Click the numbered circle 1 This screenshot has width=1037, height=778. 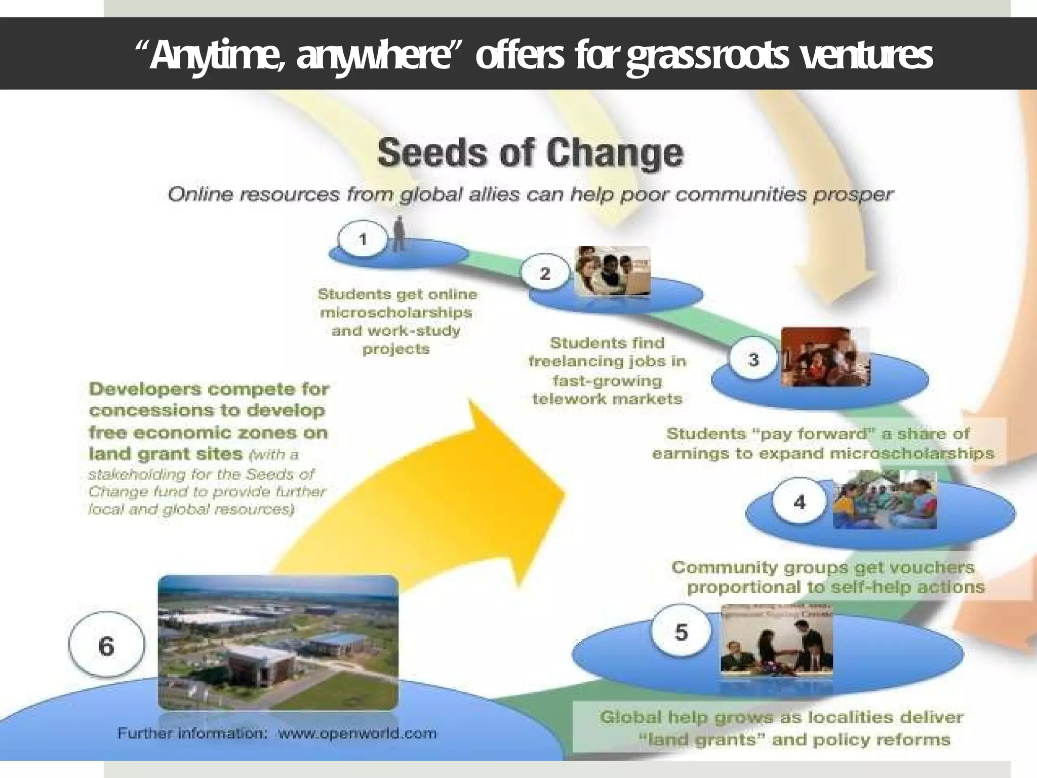(x=363, y=239)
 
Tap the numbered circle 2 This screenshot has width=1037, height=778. (x=545, y=274)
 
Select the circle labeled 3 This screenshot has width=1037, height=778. (x=753, y=360)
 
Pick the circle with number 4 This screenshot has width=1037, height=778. (x=799, y=502)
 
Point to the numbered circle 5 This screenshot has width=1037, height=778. (x=681, y=633)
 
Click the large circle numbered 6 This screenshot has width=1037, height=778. (x=106, y=646)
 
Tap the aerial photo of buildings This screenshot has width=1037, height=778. (x=278, y=642)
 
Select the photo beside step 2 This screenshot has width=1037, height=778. (x=612, y=271)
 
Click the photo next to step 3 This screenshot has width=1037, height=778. (x=825, y=357)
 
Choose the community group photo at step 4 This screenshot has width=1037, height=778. (x=885, y=500)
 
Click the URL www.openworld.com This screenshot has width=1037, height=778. (x=357, y=733)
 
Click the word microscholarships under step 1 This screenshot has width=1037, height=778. (x=396, y=313)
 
